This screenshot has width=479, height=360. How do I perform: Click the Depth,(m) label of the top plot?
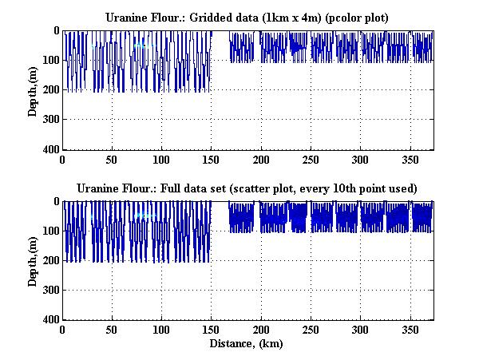[x=33, y=90]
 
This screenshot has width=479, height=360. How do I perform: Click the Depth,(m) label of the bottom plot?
[x=33, y=261]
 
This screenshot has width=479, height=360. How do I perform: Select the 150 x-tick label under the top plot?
[x=212, y=160]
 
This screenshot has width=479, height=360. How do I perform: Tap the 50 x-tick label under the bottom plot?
[x=113, y=330]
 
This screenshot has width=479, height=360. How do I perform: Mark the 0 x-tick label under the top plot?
[x=62, y=160]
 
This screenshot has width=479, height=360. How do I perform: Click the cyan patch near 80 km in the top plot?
[x=141, y=45]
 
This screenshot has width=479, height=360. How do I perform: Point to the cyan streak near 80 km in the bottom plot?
[x=144, y=216]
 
